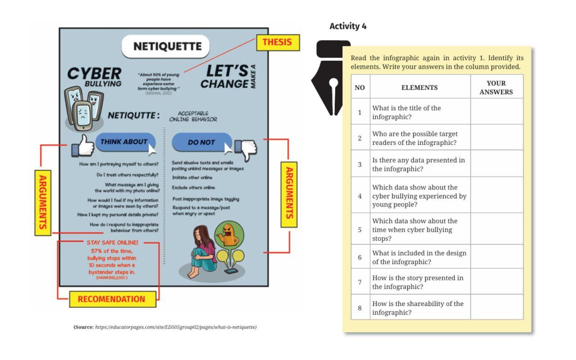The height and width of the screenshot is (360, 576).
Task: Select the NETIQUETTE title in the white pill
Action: [x=166, y=46]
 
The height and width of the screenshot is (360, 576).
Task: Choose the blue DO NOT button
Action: [x=202, y=143]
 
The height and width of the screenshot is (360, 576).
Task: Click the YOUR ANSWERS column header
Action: [x=497, y=88]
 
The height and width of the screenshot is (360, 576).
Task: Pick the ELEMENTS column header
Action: [x=420, y=88]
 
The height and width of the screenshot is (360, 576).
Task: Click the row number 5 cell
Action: [x=360, y=229]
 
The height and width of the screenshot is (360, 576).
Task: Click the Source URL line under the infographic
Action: [x=165, y=327]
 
